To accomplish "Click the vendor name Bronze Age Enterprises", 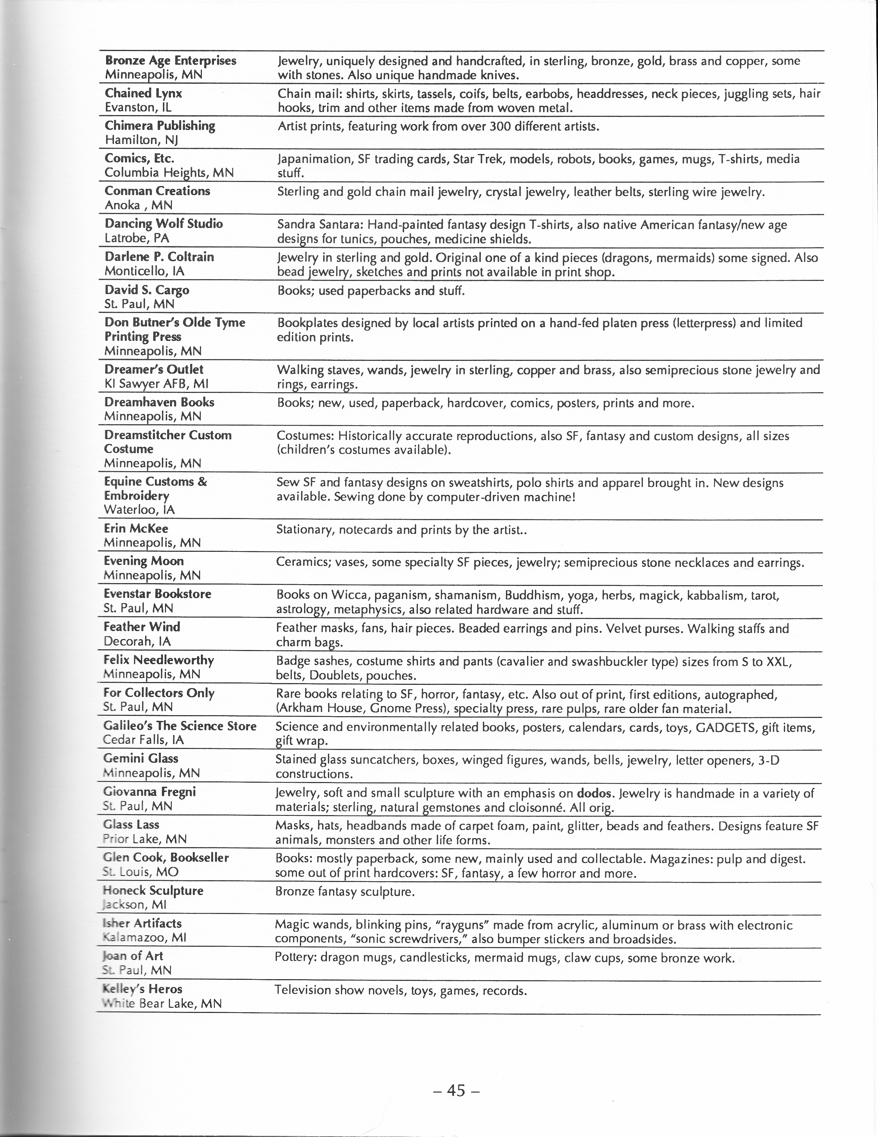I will tap(170, 61).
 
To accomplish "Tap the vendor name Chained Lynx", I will tap(143, 94).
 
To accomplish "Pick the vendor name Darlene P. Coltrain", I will tap(159, 257).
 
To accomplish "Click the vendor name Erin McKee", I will tap(136, 529).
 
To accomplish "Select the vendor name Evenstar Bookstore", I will tap(157, 594).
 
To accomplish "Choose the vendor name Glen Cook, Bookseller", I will tap(165, 857).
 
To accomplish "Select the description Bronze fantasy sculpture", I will tap(344, 892).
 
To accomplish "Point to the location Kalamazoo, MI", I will tap(145, 937).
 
